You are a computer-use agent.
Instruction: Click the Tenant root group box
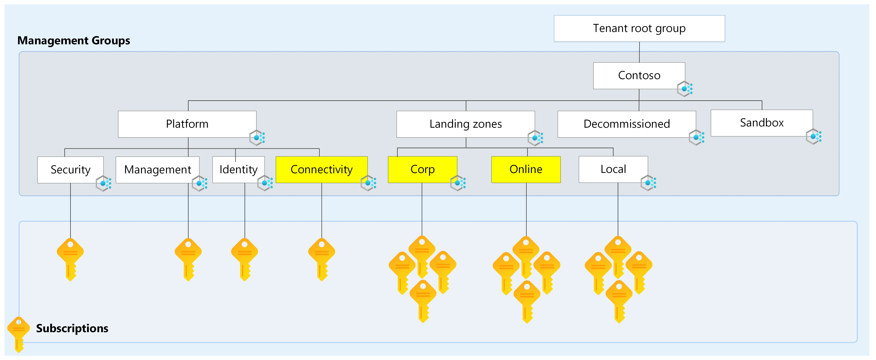pyautogui.click(x=639, y=29)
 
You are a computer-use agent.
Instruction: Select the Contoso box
pyautogui.click(x=639, y=76)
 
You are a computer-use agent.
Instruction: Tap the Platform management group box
pyautogui.click(x=187, y=124)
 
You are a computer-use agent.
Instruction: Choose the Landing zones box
pyautogui.click(x=466, y=124)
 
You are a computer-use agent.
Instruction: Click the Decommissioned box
pyautogui.click(x=627, y=124)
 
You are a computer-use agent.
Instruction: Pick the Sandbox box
pyautogui.click(x=762, y=123)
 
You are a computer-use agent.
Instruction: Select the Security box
pyautogui.click(x=70, y=170)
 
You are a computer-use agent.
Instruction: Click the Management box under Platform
pyautogui.click(x=157, y=170)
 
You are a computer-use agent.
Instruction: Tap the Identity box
pyautogui.click(x=238, y=170)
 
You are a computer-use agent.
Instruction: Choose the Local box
pyautogui.click(x=613, y=169)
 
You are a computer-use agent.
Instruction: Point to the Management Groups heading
pyautogui.click(x=74, y=41)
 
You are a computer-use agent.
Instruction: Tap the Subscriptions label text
pyautogui.click(x=72, y=328)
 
